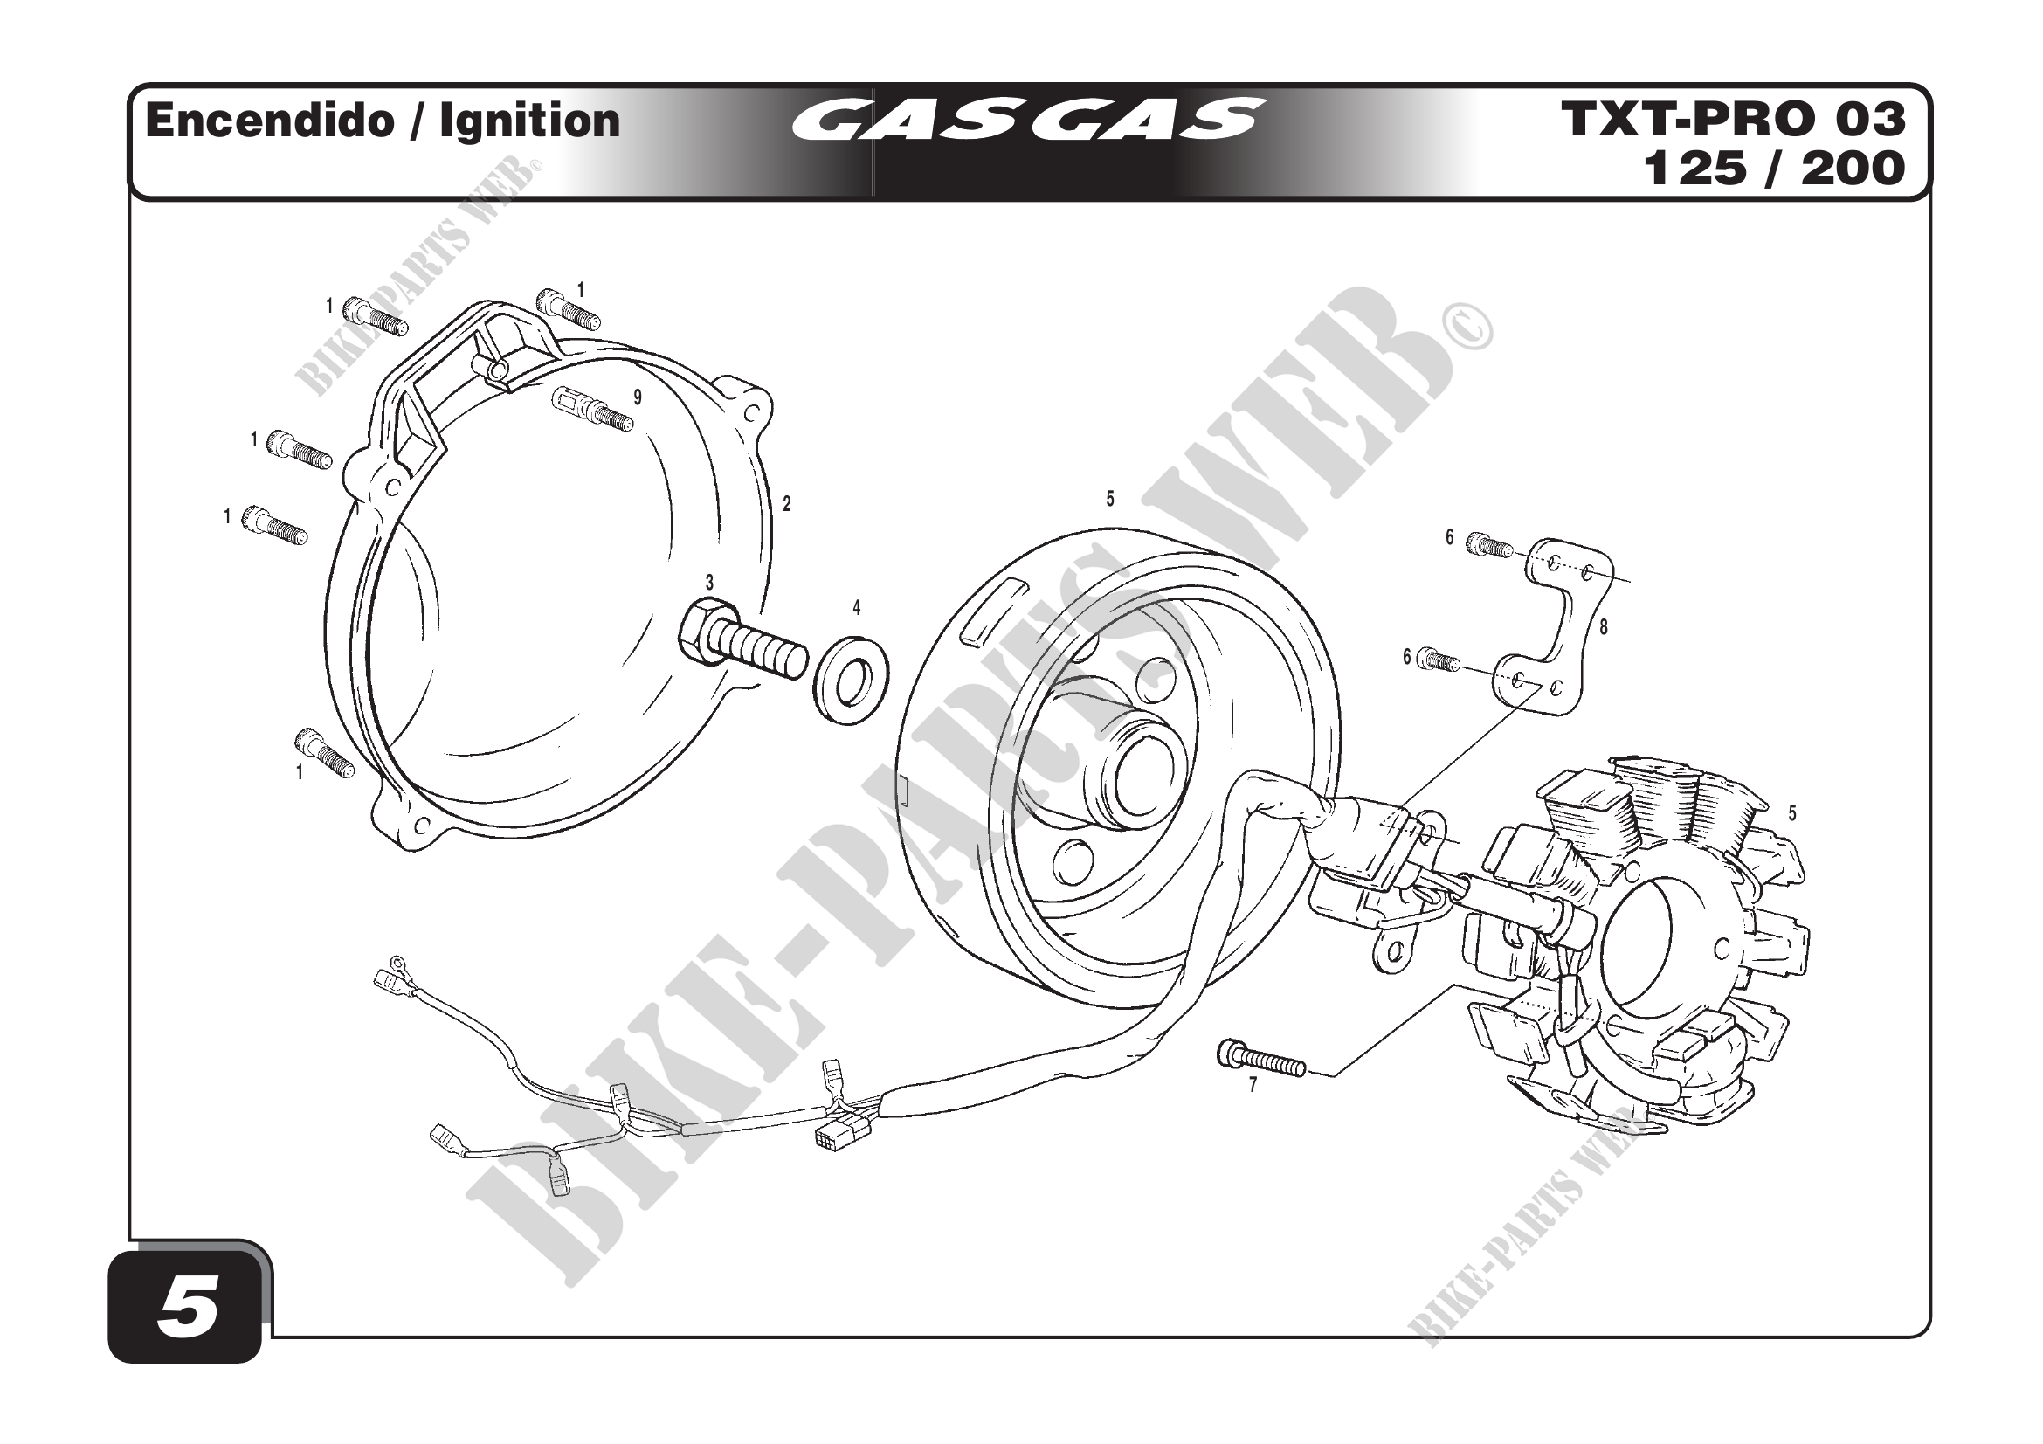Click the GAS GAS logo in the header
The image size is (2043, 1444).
click(x=1028, y=120)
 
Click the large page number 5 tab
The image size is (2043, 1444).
click(x=188, y=1311)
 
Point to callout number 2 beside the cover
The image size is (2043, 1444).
click(x=787, y=503)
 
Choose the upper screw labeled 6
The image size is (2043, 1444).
click(x=1488, y=544)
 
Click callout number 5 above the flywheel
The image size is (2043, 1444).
click(x=1109, y=500)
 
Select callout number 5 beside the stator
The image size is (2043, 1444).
click(x=1792, y=813)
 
